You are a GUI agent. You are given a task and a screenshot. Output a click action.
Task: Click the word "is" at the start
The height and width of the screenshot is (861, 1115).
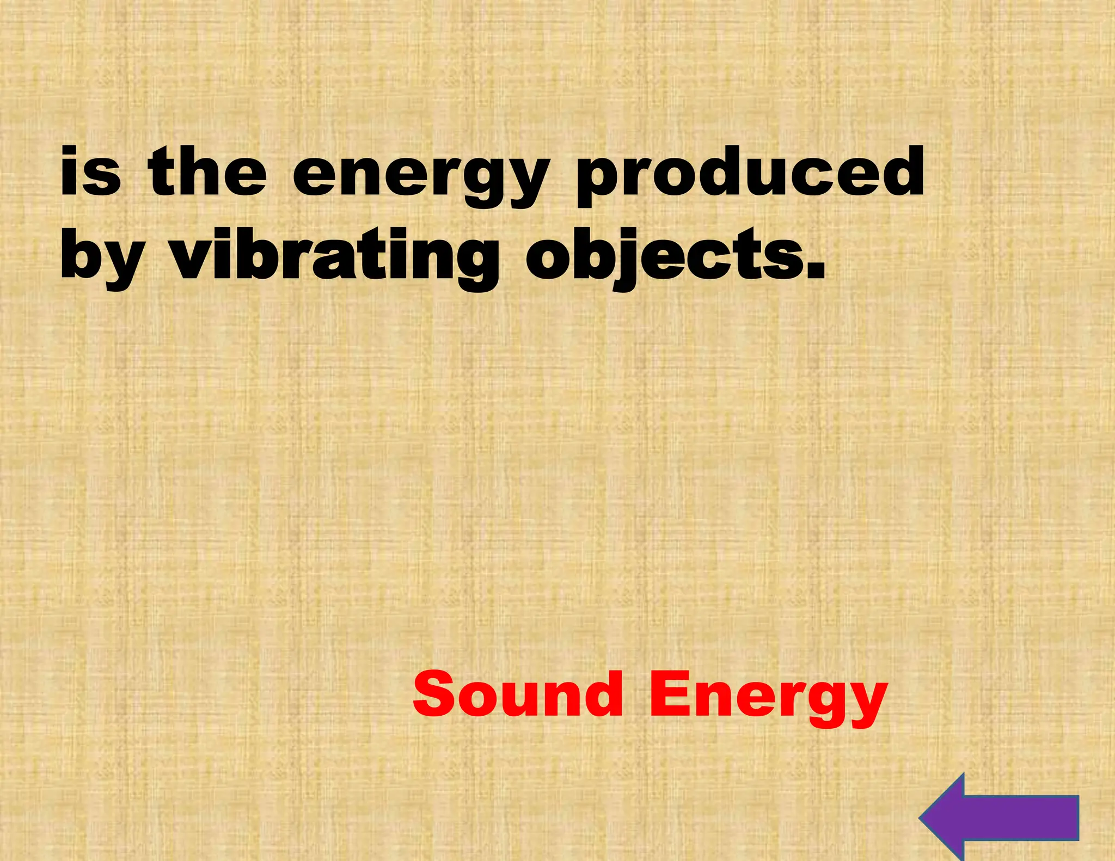(90, 171)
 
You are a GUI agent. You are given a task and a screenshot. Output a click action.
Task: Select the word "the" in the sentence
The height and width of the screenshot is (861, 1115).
(207, 171)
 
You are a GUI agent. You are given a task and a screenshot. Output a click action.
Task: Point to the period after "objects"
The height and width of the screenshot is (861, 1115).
(815, 269)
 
